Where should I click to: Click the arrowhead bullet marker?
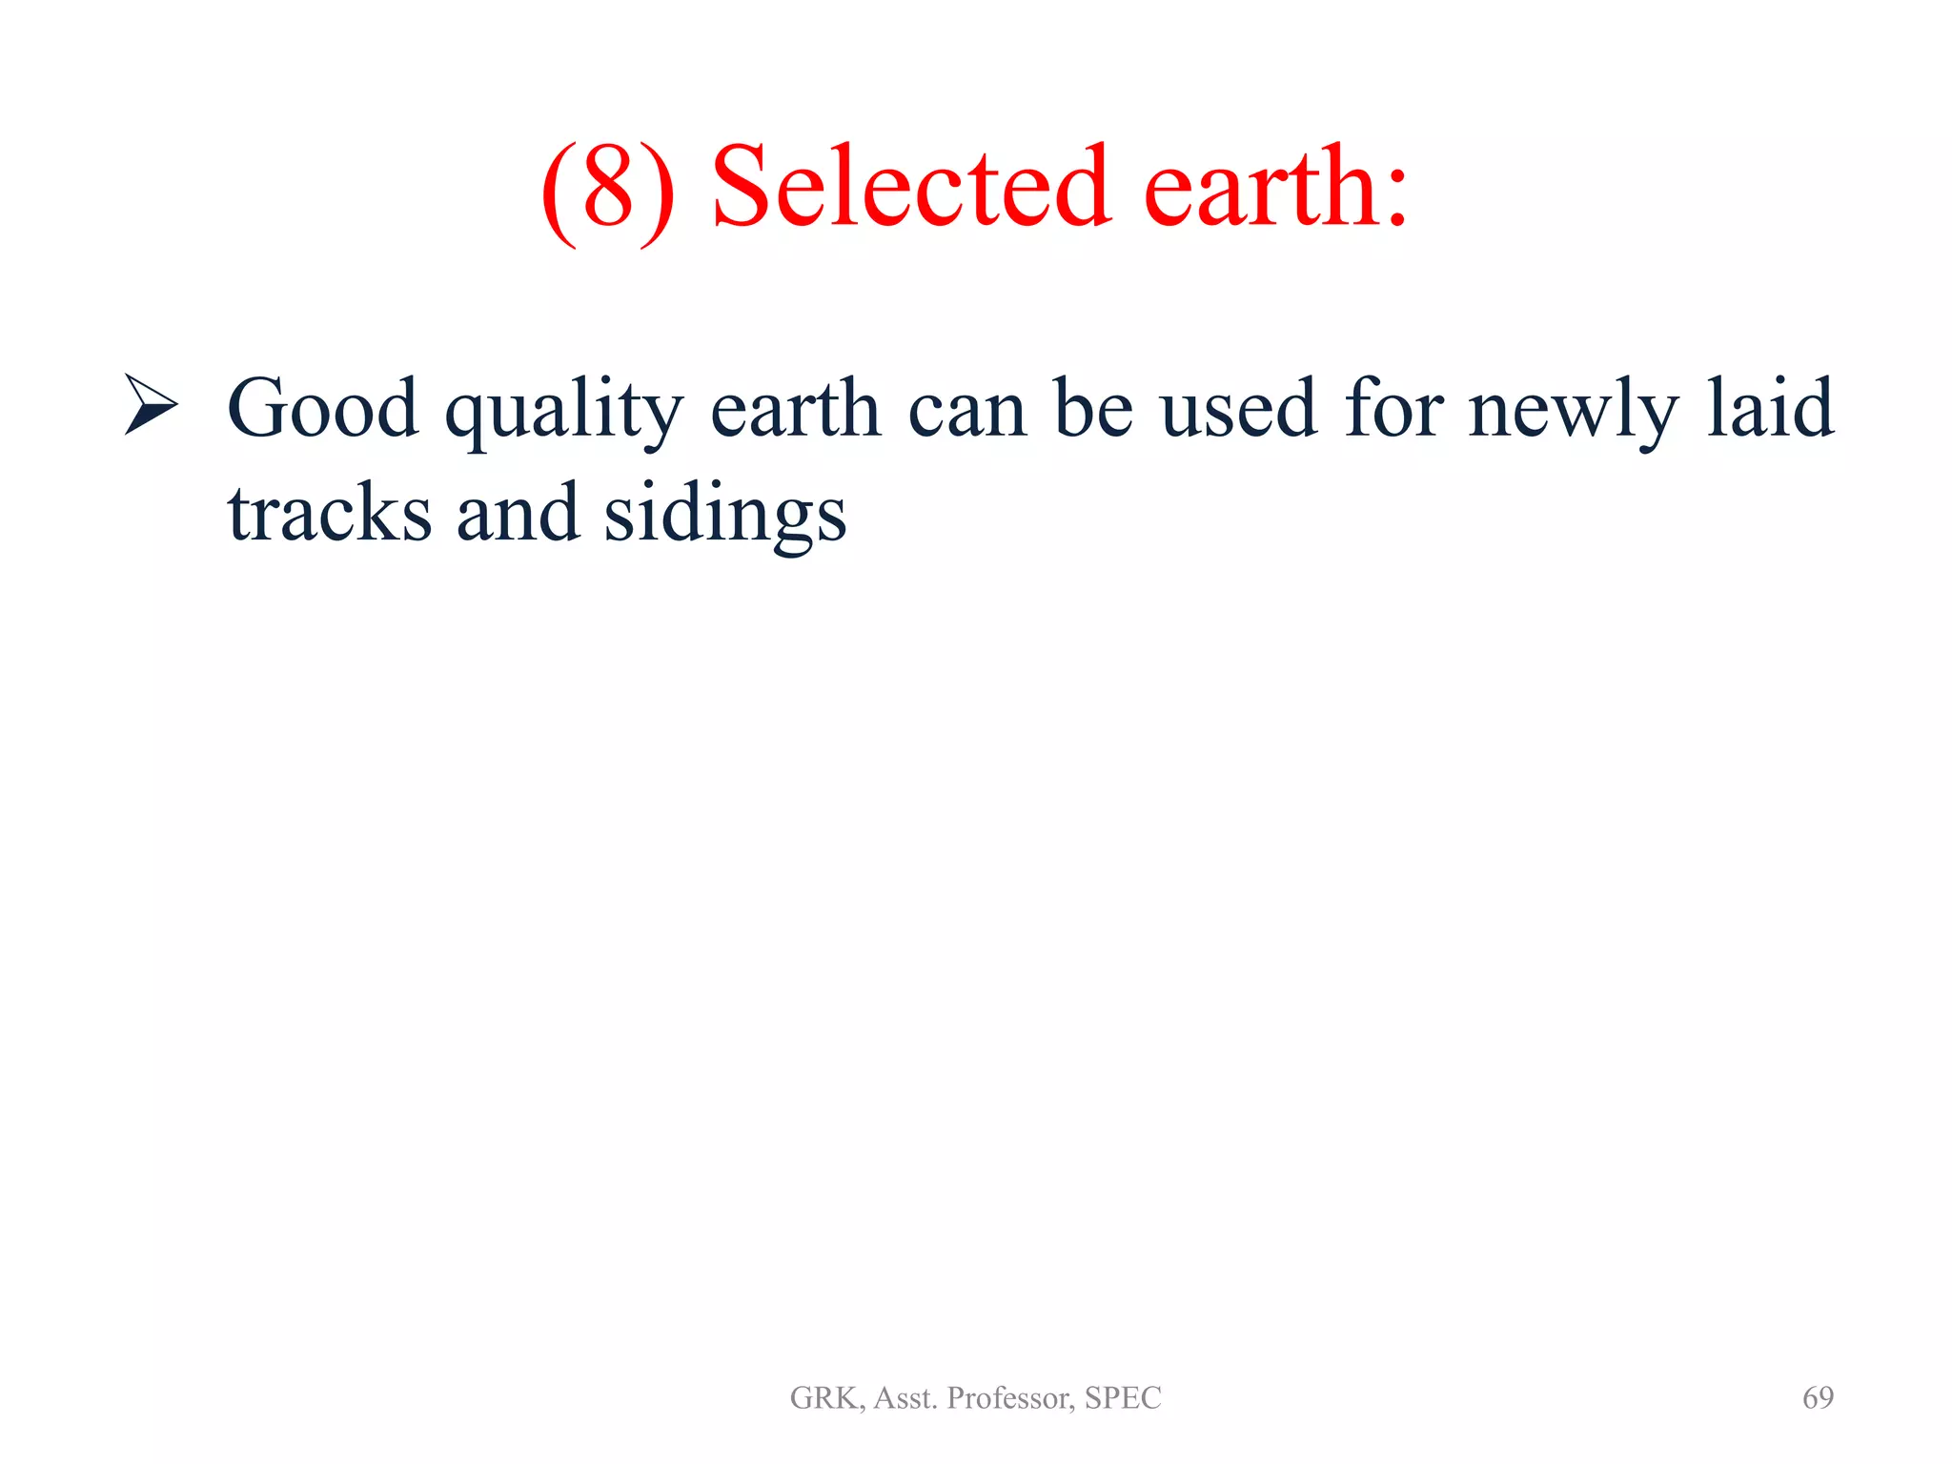(x=151, y=405)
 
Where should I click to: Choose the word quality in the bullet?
(x=564, y=412)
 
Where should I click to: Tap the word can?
(x=967, y=412)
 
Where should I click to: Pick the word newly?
(x=1573, y=412)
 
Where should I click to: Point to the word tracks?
(x=329, y=514)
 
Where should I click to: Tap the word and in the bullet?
(x=518, y=514)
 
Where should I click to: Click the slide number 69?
(x=1818, y=1397)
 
